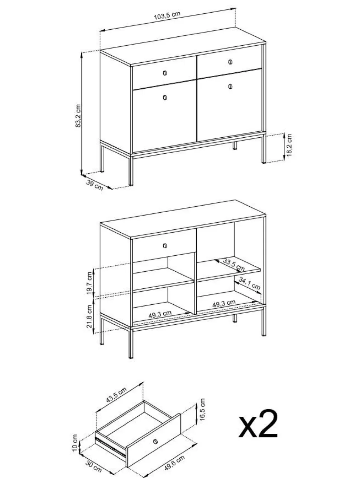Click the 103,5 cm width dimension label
pyautogui.click(x=167, y=16)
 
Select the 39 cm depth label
pyautogui.click(x=95, y=185)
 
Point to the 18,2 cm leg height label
pyautogui.click(x=289, y=145)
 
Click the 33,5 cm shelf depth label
pyautogui.click(x=234, y=265)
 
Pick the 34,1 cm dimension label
pyautogui.click(x=249, y=283)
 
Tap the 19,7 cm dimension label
pyautogui.click(x=89, y=283)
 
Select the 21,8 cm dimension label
pyautogui.click(x=89, y=316)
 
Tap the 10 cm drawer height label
pyautogui.click(x=75, y=442)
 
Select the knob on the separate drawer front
pyautogui.click(x=155, y=441)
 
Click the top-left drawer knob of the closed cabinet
pyautogui.click(x=165, y=73)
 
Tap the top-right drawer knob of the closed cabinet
pyautogui.click(x=230, y=62)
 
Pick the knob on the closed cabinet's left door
pyautogui.click(x=165, y=97)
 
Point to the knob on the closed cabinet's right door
pyautogui.click(x=230, y=87)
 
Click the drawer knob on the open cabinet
pyautogui.click(x=165, y=246)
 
